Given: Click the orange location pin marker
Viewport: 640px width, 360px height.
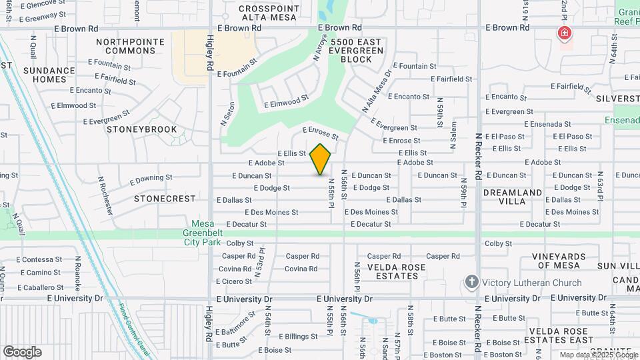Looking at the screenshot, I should tap(320, 159).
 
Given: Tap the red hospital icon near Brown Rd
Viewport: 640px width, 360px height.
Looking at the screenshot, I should tap(565, 33).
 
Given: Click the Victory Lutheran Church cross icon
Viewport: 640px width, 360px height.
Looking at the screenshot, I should tap(472, 282).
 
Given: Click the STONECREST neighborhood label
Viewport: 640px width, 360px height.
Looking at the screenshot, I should tap(165, 199).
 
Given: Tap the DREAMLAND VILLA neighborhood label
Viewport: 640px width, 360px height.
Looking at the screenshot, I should tap(512, 197).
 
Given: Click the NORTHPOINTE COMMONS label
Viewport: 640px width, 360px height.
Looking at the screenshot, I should tap(130, 46).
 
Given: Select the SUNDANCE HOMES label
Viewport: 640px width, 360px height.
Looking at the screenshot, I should tap(49, 75).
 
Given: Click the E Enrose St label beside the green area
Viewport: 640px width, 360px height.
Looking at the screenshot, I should tap(321, 133).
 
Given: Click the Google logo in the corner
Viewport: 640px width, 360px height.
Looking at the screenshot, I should tap(22, 351).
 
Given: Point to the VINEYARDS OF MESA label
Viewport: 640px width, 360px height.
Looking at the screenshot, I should tap(559, 261).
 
